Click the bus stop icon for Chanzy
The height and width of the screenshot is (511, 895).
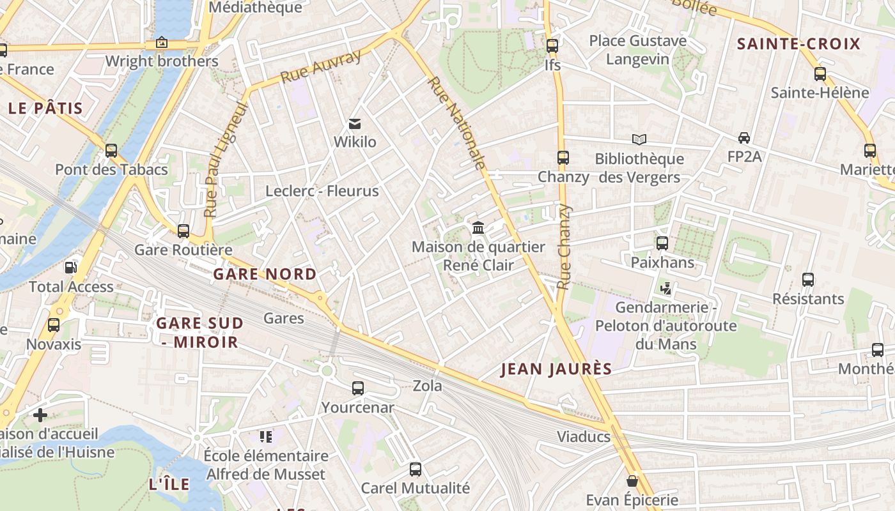tap(563, 158)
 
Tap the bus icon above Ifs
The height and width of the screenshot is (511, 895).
tap(552, 46)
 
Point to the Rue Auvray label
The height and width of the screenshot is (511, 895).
tap(321, 66)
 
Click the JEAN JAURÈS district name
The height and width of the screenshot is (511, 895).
tap(556, 369)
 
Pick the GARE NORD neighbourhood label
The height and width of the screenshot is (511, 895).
tap(265, 274)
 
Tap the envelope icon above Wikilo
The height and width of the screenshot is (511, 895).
tap(355, 123)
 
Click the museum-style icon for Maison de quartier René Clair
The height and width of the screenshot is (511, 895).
tap(478, 227)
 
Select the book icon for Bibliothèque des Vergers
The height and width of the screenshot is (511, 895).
tap(639, 139)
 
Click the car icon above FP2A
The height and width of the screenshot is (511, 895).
tap(744, 137)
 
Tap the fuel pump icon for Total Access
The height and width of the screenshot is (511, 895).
tap(71, 267)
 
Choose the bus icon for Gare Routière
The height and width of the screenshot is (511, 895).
tap(183, 231)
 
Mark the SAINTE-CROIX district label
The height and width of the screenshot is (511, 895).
tap(798, 44)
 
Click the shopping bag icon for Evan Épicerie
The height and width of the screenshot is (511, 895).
tap(632, 481)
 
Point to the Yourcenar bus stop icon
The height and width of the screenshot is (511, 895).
tap(358, 388)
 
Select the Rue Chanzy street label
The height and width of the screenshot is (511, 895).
tap(563, 247)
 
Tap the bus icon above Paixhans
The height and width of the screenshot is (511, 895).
tap(662, 243)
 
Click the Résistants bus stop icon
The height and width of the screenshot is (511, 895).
tap(808, 279)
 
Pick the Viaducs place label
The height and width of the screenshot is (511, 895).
tap(584, 438)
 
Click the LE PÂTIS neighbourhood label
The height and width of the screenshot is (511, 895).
tap(46, 108)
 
